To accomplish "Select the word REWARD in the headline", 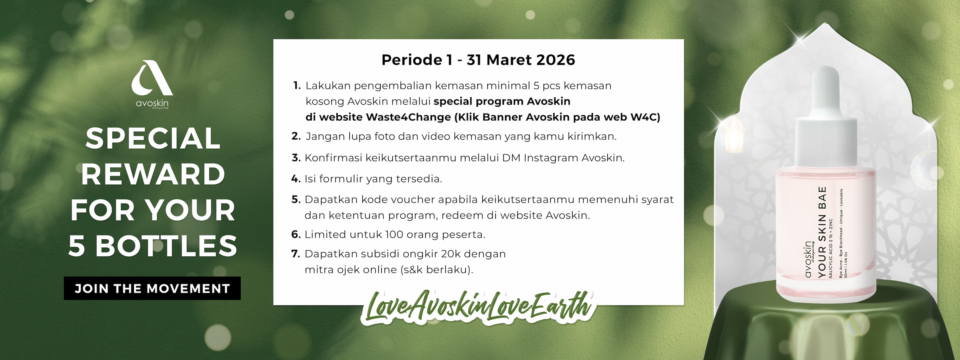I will (153, 174).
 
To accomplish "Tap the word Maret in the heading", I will (507, 60).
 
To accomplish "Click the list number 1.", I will (297, 86).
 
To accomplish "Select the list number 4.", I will (296, 179).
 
